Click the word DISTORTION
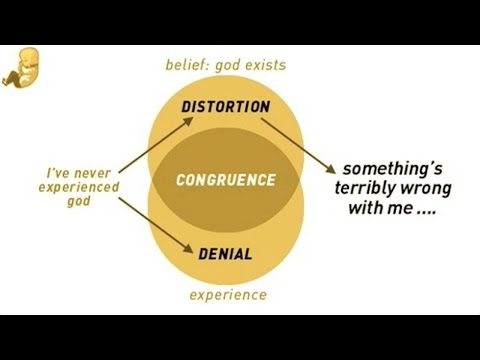[226, 107]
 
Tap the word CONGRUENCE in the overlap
[226, 180]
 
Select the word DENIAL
[225, 254]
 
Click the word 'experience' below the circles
[228, 295]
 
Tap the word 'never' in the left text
[92, 174]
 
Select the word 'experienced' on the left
[79, 187]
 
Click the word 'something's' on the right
[393, 169]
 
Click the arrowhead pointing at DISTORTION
[188, 121]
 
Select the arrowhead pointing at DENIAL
[188, 249]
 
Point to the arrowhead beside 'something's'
[331, 169]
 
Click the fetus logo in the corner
[21, 68]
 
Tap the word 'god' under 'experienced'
[79, 202]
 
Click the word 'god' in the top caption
[228, 66]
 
